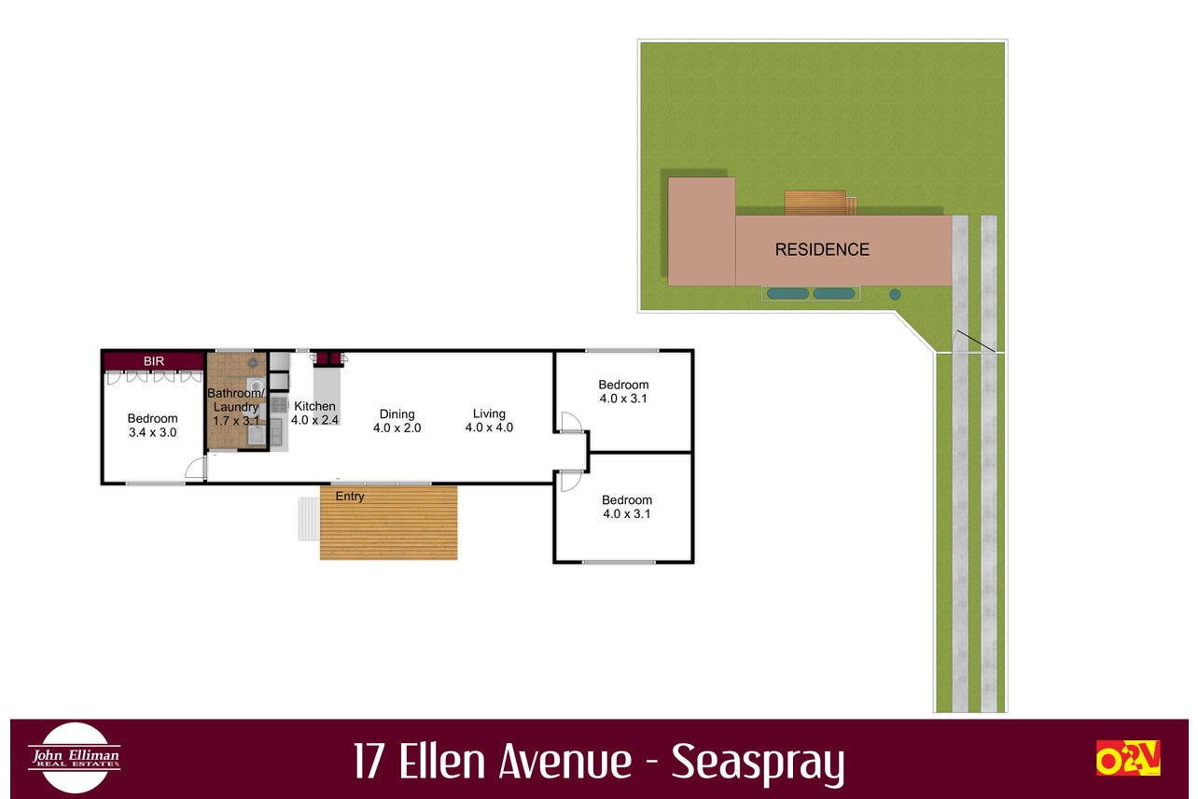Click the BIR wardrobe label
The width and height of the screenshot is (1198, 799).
click(154, 361)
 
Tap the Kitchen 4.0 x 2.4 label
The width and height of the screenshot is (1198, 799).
click(314, 414)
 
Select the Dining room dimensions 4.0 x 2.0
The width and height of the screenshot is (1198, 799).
click(397, 428)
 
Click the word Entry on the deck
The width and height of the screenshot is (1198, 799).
click(350, 497)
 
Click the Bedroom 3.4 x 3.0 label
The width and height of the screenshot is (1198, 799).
click(152, 426)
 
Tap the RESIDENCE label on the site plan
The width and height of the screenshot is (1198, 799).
click(822, 249)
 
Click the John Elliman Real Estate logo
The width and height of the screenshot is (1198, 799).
click(75, 757)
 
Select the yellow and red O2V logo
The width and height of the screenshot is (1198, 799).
click(1128, 757)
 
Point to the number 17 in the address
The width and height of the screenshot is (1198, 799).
click(369, 761)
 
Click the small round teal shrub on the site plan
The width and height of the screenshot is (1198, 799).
click(895, 294)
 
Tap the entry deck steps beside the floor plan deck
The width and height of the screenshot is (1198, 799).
click(309, 519)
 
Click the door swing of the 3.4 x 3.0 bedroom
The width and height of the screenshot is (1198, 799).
click(196, 468)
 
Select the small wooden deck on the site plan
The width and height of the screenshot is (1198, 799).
click(820, 203)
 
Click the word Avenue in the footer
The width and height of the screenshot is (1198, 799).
click(565, 761)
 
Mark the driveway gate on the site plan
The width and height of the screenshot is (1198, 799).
click(975, 342)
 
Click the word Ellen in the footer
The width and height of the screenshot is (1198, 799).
click(442, 761)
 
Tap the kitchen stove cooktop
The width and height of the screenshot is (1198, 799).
click(279, 404)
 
